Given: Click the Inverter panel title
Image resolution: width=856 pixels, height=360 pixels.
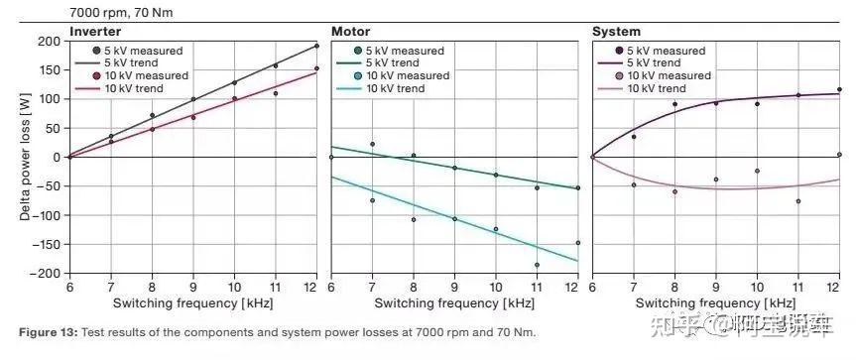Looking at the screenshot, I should tap(95, 32).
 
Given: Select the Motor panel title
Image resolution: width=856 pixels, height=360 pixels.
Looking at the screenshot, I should tap(350, 32).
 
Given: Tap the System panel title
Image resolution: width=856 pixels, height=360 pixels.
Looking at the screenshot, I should tap(616, 32).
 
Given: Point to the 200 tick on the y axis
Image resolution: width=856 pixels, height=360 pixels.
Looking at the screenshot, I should tap(49, 42).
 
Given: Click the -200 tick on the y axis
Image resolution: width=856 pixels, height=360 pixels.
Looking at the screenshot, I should tap(46, 273).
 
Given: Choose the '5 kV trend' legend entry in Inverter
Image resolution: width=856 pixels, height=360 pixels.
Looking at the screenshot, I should tap(131, 62).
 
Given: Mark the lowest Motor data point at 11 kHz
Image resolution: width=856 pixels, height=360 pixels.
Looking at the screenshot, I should tap(537, 265).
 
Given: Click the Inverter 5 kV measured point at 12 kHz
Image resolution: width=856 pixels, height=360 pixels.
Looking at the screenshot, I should tap(317, 46).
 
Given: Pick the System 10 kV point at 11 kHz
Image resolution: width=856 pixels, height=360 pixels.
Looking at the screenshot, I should tap(797, 201).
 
